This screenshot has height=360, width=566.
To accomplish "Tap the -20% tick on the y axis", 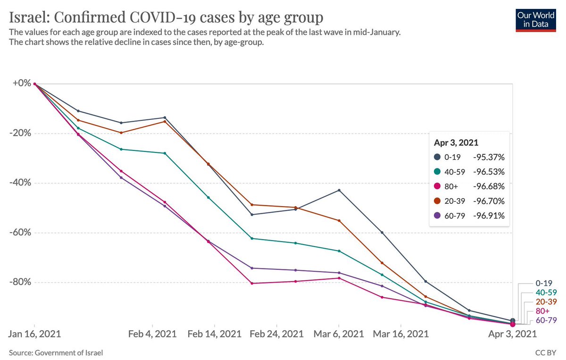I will pos(19,133).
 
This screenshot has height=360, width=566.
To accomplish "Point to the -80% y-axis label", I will pos(19,282).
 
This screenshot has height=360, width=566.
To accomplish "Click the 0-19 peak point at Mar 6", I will pos(339,190).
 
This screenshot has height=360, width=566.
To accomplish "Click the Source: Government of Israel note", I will pos(56,352).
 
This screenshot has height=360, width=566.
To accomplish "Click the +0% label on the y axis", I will pos(20,84).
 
